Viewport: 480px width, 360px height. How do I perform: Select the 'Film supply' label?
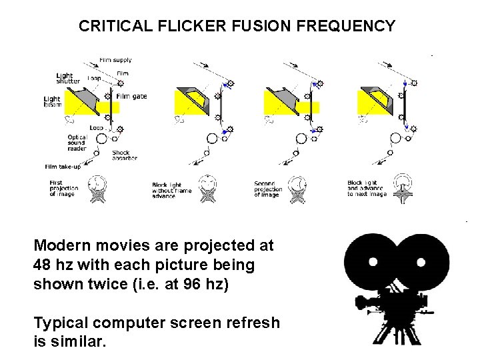click(115, 61)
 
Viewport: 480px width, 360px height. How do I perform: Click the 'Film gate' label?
click(131, 96)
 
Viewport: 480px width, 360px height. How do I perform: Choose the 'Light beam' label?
click(52, 102)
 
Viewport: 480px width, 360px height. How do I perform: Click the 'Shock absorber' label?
click(125, 156)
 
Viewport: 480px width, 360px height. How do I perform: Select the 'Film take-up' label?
click(63, 167)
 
